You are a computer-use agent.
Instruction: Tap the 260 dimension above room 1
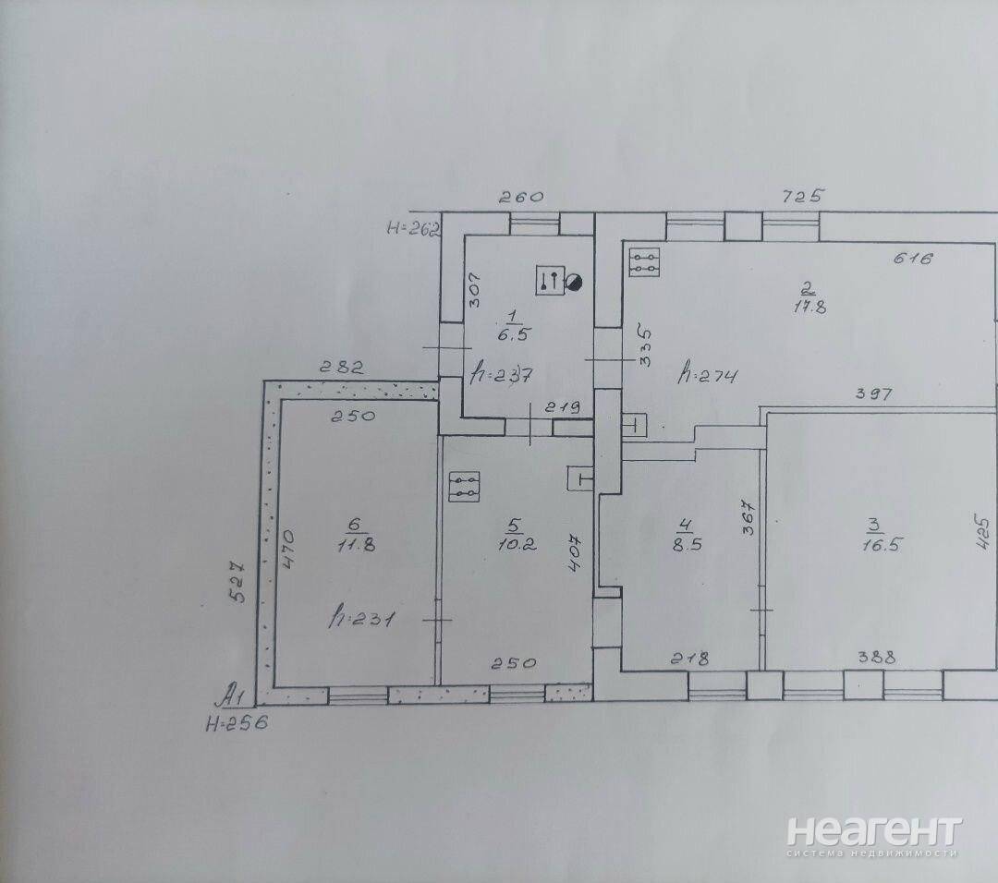[x=521, y=198]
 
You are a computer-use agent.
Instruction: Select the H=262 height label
[x=414, y=228]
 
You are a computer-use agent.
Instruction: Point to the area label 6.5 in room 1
[x=514, y=334]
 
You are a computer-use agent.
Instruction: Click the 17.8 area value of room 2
[x=809, y=307]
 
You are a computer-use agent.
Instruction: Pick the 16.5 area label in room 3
[x=882, y=545]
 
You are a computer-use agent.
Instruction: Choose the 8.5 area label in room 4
[x=688, y=545]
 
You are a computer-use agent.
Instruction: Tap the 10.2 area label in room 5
[x=517, y=545]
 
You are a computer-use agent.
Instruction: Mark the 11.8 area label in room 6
[x=357, y=545]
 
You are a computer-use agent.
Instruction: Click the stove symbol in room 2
[x=644, y=262]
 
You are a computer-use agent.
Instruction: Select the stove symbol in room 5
[x=464, y=487]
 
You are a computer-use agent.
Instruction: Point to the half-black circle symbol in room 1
[x=574, y=283]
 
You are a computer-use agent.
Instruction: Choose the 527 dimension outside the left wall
[x=237, y=581]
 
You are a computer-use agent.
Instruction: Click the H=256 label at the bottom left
[x=237, y=723]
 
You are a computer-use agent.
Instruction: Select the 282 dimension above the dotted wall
[x=342, y=368]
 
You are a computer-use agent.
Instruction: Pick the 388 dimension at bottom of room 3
[x=876, y=657]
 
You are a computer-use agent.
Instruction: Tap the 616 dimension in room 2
[x=913, y=259]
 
